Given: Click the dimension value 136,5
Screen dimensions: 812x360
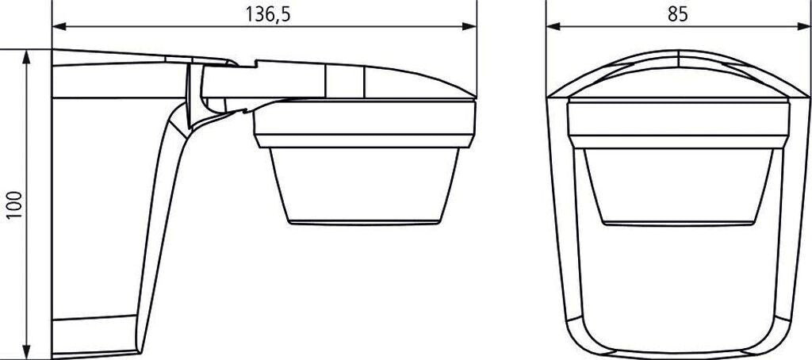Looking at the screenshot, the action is click(267, 14).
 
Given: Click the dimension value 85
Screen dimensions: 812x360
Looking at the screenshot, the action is click(677, 14).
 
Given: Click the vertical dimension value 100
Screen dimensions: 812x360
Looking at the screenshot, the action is click(14, 205).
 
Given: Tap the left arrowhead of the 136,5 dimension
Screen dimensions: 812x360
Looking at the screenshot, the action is click(59, 26).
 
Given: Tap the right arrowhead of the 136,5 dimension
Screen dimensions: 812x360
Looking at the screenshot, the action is click(469, 26).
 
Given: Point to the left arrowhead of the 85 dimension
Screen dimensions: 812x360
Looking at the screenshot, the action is click(553, 26).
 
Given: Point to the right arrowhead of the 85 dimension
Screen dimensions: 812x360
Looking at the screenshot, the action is click(802, 26).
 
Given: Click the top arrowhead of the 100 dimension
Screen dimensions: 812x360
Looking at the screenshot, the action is click(26, 57).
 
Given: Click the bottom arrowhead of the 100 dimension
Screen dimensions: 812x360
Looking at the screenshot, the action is click(26, 351).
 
